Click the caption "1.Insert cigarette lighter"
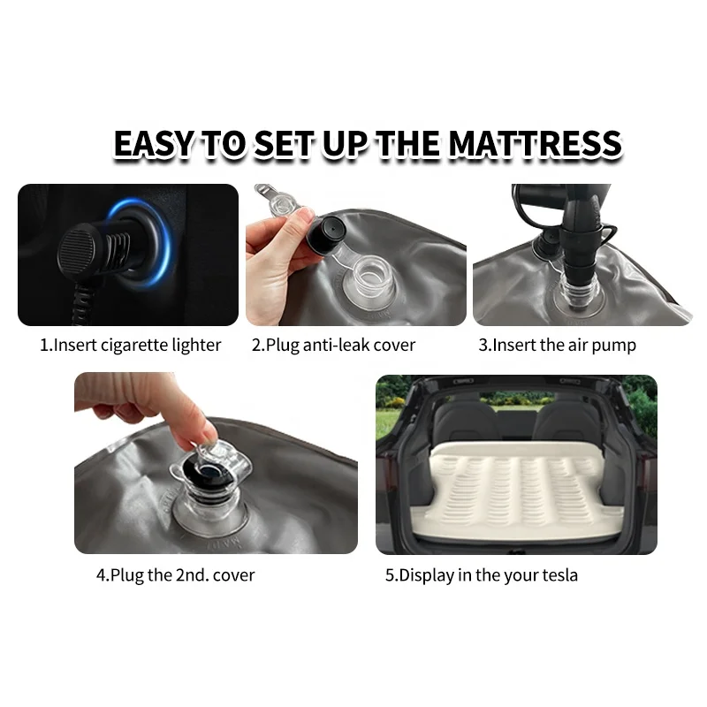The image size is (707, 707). click(x=130, y=345)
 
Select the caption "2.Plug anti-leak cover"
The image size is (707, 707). click(x=333, y=345)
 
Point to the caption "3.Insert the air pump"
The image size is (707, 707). click(x=557, y=345)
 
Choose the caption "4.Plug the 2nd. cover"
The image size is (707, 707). click(x=175, y=574)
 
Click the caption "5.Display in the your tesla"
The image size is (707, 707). click(x=481, y=574)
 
